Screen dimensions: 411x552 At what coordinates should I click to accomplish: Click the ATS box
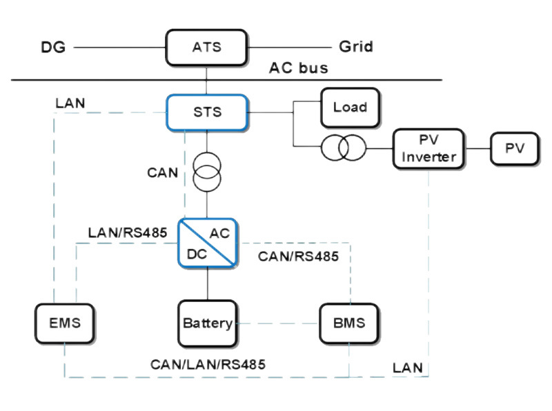[206, 48]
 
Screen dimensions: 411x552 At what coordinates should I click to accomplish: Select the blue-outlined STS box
[206, 111]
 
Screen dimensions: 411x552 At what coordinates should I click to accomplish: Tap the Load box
[350, 108]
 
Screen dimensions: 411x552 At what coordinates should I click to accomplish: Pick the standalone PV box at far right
[514, 149]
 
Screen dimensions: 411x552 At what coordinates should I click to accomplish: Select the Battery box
[207, 323]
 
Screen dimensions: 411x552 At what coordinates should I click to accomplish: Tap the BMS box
[350, 323]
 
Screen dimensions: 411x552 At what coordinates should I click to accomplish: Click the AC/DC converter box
[207, 243]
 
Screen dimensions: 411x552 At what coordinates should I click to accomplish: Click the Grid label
[355, 47]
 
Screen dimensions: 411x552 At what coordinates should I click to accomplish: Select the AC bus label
[298, 68]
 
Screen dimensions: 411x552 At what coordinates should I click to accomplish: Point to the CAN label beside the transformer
[163, 172]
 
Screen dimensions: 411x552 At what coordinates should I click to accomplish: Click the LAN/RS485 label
[128, 232]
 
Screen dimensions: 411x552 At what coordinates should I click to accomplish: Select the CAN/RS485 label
[297, 257]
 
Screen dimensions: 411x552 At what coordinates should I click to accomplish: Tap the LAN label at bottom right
[408, 367]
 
